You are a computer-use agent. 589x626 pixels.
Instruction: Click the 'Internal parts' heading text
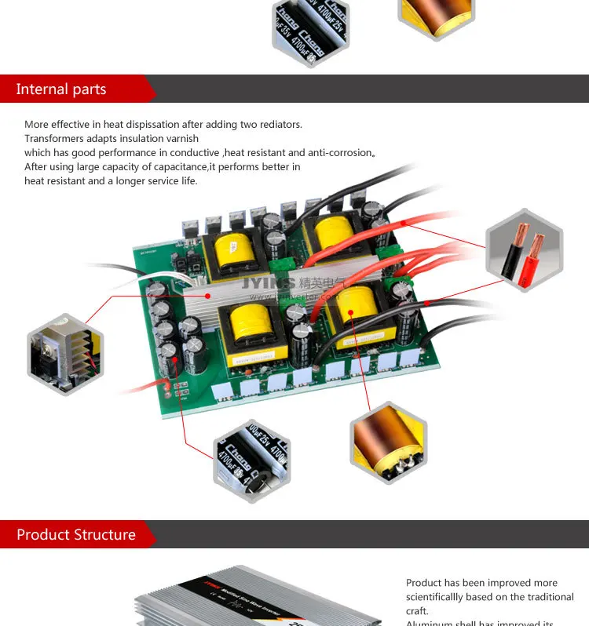pos(61,89)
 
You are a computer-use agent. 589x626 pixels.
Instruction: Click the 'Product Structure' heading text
pos(76,535)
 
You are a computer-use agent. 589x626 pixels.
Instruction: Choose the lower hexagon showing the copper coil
pos(390,442)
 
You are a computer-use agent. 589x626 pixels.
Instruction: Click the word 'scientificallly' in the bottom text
pos(444,597)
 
